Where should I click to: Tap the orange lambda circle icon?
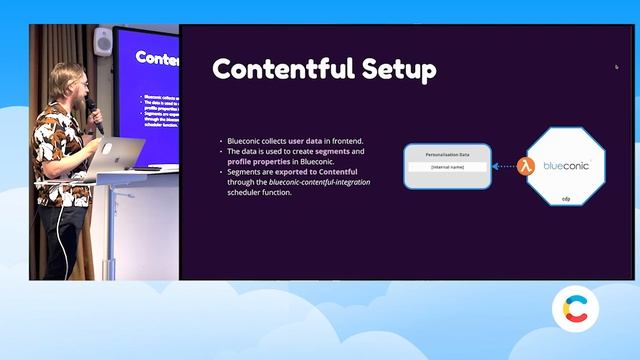point(522,167)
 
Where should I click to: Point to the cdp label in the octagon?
point(565,199)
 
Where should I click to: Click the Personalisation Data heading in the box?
point(447,154)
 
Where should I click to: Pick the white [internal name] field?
point(447,166)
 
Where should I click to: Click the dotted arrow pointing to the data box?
point(503,167)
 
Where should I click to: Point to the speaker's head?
point(70,84)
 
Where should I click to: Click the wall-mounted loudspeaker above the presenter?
point(103,41)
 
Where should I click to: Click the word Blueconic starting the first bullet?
point(246,141)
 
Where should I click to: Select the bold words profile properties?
point(255,161)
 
